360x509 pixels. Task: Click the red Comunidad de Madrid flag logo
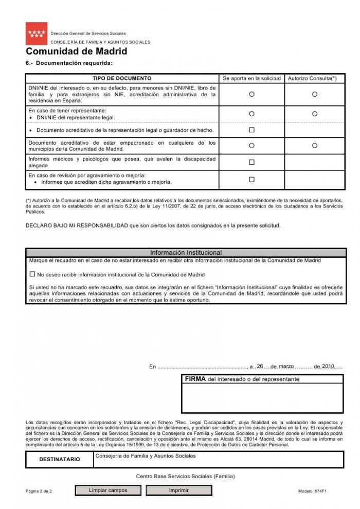click(37, 34)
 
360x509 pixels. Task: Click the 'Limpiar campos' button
click(108, 490)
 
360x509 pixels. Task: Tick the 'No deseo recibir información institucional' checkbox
click(32, 274)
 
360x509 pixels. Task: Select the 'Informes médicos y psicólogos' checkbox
click(251, 162)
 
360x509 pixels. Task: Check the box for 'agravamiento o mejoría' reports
click(251, 180)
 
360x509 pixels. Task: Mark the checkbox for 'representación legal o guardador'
click(251, 130)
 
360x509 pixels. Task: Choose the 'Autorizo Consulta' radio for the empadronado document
click(315, 146)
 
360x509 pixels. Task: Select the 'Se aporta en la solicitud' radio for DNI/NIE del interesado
click(251, 94)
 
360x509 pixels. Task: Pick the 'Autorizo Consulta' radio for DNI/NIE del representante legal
click(315, 114)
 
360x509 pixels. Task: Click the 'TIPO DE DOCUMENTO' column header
click(122, 78)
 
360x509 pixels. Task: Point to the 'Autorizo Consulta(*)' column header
click(312, 78)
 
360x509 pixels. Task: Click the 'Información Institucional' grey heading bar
click(186, 253)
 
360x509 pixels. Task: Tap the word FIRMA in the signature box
click(195, 379)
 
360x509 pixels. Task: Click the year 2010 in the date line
click(328, 366)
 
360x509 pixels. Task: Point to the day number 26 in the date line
click(260, 366)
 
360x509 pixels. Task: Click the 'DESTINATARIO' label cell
click(60, 459)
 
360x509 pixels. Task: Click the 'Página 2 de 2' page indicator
click(39, 491)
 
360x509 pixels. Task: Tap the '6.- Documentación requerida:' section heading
click(69, 63)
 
